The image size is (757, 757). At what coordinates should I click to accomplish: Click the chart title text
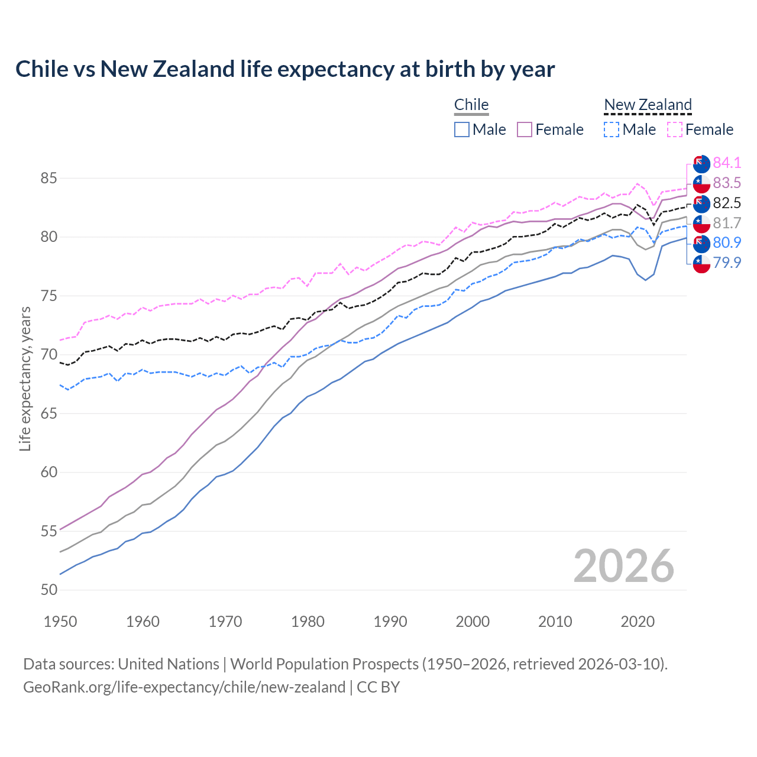click(285, 69)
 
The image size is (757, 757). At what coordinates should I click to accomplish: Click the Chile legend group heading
click(471, 105)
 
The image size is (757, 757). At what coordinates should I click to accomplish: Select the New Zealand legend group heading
click(648, 105)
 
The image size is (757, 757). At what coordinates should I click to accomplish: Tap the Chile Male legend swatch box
click(462, 130)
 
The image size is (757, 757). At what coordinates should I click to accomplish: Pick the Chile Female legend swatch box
click(525, 130)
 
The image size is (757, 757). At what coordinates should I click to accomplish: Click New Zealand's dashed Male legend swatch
click(612, 130)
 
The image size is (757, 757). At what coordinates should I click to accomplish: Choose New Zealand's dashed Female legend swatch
click(675, 130)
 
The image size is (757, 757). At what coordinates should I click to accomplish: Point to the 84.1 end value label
click(727, 163)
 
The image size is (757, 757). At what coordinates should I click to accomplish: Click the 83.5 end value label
click(727, 183)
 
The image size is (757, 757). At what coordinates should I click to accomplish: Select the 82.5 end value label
click(727, 203)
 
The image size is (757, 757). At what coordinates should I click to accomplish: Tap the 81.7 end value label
click(727, 223)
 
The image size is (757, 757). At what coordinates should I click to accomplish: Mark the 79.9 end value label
click(727, 263)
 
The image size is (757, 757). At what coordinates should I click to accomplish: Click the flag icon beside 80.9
click(701, 243)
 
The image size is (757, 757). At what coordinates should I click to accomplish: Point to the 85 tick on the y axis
click(48, 178)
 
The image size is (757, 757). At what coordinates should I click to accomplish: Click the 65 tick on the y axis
click(48, 413)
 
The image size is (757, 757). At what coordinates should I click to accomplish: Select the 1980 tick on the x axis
click(308, 622)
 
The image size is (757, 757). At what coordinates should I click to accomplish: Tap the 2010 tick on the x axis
click(555, 622)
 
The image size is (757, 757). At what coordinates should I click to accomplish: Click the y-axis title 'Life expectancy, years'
click(25, 378)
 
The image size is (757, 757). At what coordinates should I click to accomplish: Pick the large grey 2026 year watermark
click(624, 566)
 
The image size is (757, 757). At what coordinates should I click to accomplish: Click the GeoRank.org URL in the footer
click(184, 687)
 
